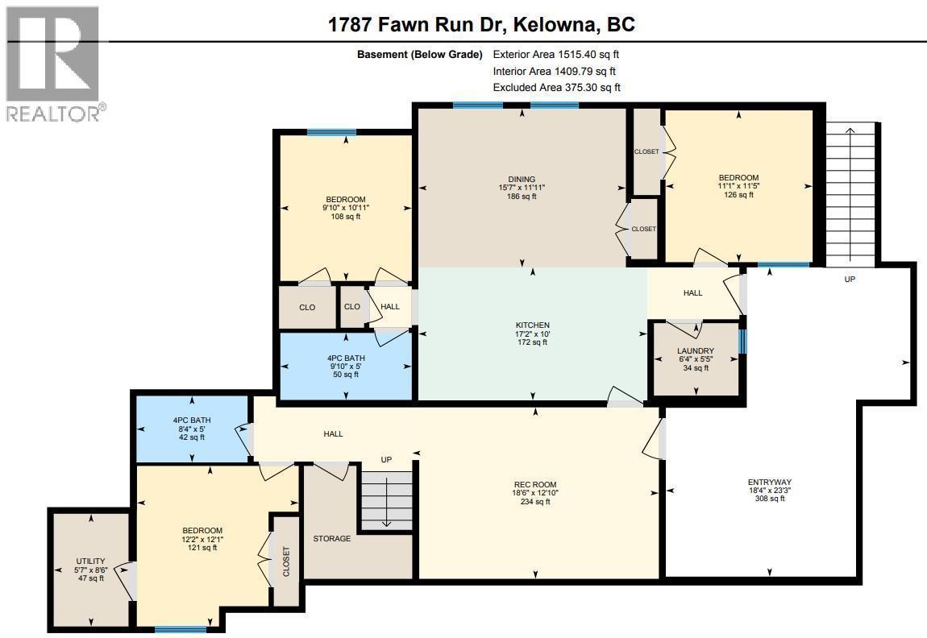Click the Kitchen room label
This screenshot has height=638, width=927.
coord(532,325)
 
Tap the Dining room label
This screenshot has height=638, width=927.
coord(522,180)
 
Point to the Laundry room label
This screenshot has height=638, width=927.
coord(695,351)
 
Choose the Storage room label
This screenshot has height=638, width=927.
coord(331,538)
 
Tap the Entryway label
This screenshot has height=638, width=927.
coord(766,483)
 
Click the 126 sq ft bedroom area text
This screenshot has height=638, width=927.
coord(738,195)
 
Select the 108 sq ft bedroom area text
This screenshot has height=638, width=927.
coord(345,216)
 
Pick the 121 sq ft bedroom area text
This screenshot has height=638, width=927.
coord(202,547)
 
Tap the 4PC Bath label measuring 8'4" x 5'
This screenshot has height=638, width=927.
coord(191,420)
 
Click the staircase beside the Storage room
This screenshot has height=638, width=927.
coord(386,499)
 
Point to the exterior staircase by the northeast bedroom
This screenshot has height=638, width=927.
coord(850,193)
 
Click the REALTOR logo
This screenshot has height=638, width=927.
coord(53,64)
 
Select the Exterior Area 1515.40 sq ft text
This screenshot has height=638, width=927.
coord(555,55)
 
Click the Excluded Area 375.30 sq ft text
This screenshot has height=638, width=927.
coord(556,87)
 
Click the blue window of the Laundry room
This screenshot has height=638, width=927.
coord(742,341)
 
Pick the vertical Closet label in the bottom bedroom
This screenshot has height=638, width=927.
coord(285,561)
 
